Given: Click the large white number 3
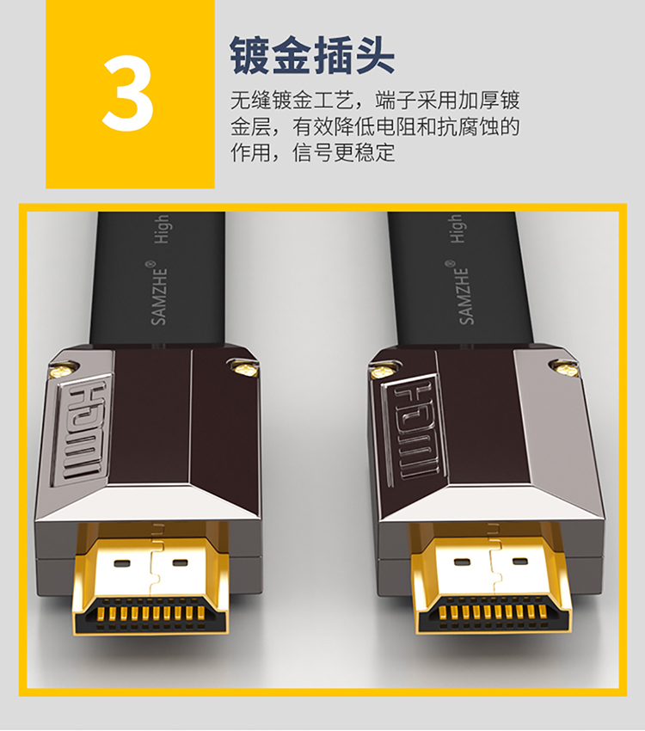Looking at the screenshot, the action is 128,93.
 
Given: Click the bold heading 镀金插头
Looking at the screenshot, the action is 312,56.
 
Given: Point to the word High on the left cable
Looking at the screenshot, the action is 163,229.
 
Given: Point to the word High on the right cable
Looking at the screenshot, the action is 458,229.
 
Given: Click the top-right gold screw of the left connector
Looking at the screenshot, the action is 243,369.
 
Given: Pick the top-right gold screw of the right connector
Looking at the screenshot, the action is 563,369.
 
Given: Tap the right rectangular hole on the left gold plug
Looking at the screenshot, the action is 181,562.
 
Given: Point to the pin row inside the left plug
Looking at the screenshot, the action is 150,613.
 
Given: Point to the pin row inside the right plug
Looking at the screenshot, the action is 494,612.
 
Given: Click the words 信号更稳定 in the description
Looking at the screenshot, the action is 343,152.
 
